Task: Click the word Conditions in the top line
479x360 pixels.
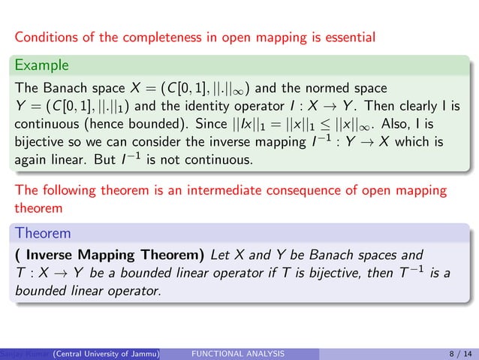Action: (45, 35)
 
